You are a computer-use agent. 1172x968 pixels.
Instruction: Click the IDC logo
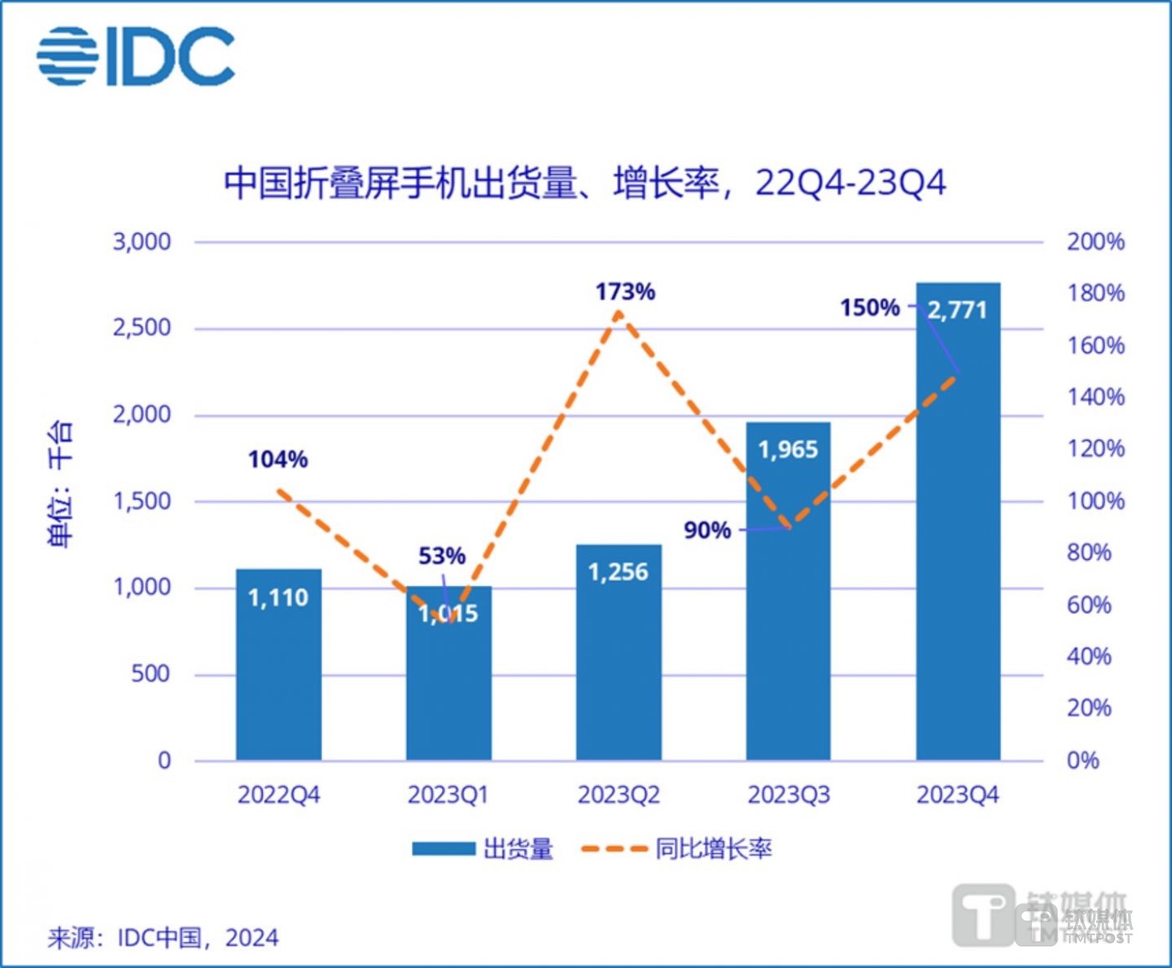click(136, 55)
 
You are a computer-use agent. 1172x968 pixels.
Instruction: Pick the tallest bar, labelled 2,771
click(958, 529)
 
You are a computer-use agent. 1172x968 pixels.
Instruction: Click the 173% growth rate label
click(625, 291)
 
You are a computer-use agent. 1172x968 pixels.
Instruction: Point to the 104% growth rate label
click(278, 460)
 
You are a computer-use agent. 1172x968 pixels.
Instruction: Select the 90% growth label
click(706, 531)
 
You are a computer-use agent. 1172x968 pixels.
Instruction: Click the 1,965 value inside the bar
click(788, 449)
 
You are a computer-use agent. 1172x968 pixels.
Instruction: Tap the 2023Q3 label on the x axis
click(788, 795)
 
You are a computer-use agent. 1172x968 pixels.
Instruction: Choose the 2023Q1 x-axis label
click(448, 795)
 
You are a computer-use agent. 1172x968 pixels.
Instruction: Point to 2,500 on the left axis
click(142, 328)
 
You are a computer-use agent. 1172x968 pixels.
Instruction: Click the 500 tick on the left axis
click(151, 674)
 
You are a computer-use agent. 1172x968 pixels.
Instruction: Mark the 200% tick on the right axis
click(1095, 242)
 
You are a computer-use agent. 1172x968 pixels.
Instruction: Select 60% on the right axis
click(1089, 605)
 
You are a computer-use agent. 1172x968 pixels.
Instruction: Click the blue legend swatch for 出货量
click(443, 848)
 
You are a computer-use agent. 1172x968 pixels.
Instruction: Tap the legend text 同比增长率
click(713, 848)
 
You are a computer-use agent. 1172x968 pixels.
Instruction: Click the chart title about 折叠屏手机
click(584, 182)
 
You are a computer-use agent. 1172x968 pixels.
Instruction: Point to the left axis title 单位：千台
click(61, 484)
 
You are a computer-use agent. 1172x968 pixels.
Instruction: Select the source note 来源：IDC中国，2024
click(163, 938)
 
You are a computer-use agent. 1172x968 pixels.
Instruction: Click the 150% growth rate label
click(869, 308)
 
